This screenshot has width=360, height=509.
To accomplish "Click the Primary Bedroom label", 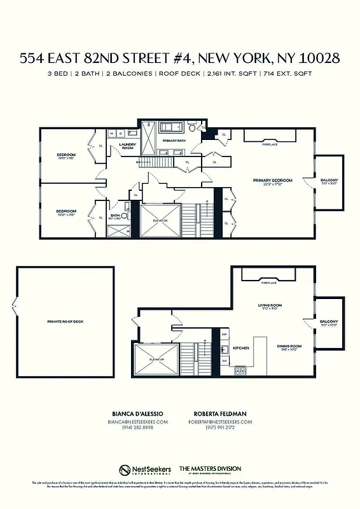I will click(272, 181).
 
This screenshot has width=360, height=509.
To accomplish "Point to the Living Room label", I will click(269, 305).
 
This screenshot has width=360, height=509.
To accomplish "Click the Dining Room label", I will click(289, 346).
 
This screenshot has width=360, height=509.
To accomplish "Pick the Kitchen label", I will click(241, 348).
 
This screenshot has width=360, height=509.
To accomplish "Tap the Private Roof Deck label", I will click(65, 321).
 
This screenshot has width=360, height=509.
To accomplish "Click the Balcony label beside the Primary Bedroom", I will click(329, 181).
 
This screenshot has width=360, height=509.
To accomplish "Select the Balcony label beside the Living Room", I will click(329, 321).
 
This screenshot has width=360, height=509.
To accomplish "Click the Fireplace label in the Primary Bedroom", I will click(270, 144).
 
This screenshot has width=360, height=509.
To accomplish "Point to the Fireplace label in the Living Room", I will click(269, 282).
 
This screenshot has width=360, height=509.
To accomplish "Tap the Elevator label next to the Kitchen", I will click(156, 360).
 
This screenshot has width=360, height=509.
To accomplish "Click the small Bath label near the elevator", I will click(115, 216).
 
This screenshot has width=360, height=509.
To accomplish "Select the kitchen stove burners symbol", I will click(241, 370).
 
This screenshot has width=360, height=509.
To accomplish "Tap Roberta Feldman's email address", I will click(220, 422).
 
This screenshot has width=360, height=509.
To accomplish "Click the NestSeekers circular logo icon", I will click(125, 470).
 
